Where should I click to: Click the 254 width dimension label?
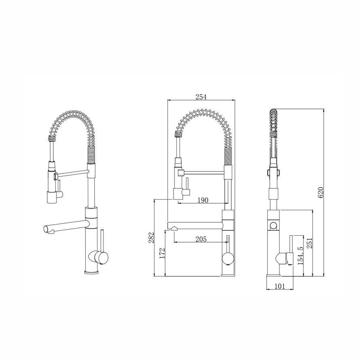click(201, 97)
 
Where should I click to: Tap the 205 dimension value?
click(201, 239)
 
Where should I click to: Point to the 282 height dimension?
click(150, 238)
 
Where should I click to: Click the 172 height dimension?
click(161, 253)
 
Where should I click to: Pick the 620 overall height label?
click(321, 193)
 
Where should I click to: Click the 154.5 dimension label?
click(300, 256)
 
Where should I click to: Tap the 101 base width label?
click(280, 286)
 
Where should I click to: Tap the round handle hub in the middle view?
click(227, 258)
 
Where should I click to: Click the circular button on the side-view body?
click(273, 226)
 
